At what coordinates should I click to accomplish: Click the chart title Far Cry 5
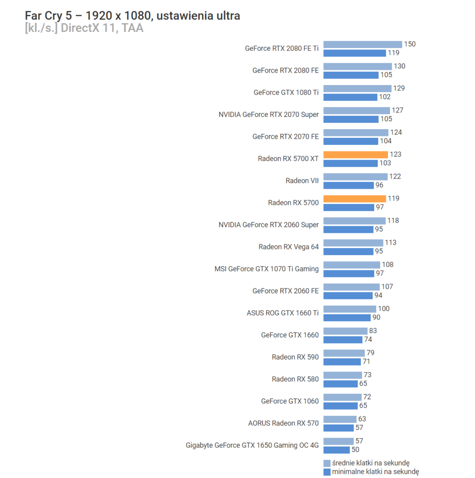[132, 16]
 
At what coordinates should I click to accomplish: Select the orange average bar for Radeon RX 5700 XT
[356, 154]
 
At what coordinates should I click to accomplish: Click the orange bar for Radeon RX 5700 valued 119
[355, 199]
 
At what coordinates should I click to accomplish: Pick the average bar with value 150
[362, 44]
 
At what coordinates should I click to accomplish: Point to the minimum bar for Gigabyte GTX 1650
[336, 450]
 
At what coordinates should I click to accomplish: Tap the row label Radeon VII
[302, 181]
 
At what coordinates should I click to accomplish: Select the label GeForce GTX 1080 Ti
[286, 92]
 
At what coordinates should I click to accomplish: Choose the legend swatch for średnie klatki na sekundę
[327, 463]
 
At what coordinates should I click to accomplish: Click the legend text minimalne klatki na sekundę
[375, 472]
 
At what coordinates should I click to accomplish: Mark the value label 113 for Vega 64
[390, 243]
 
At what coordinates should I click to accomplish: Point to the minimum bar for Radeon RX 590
[342, 362]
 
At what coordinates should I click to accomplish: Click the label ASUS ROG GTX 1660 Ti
[283, 313]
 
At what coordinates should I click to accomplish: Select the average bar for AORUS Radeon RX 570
[340, 419]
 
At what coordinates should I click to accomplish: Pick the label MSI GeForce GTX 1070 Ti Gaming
[266, 269]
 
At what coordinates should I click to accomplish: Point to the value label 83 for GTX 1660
[373, 331]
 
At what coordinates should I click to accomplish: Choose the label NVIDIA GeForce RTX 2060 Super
[268, 225]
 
